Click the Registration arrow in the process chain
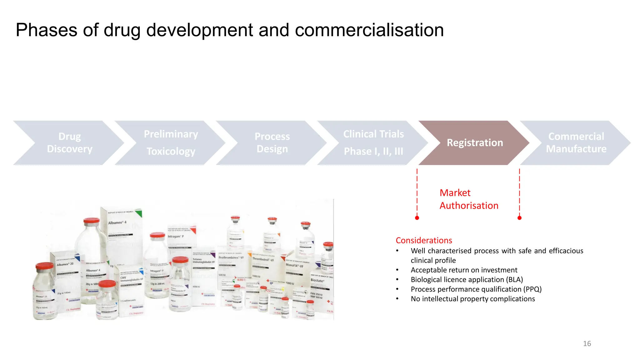[474, 143]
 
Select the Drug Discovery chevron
[69, 143]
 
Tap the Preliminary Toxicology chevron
[171, 143]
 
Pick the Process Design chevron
[272, 143]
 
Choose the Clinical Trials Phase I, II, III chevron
[373, 143]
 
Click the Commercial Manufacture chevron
[576, 143]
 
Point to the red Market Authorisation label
[468, 199]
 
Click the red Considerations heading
[424, 240]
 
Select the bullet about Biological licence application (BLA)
[467, 280]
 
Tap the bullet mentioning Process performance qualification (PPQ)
[476, 289]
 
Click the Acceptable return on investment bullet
[464, 270]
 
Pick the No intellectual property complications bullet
[472, 299]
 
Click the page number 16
[587, 344]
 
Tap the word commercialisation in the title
[369, 30]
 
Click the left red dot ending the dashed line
[417, 218]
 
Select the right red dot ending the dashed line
[519, 218]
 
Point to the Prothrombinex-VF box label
[231, 258]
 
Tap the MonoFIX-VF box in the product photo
[294, 266]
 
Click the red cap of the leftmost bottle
[45, 266]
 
